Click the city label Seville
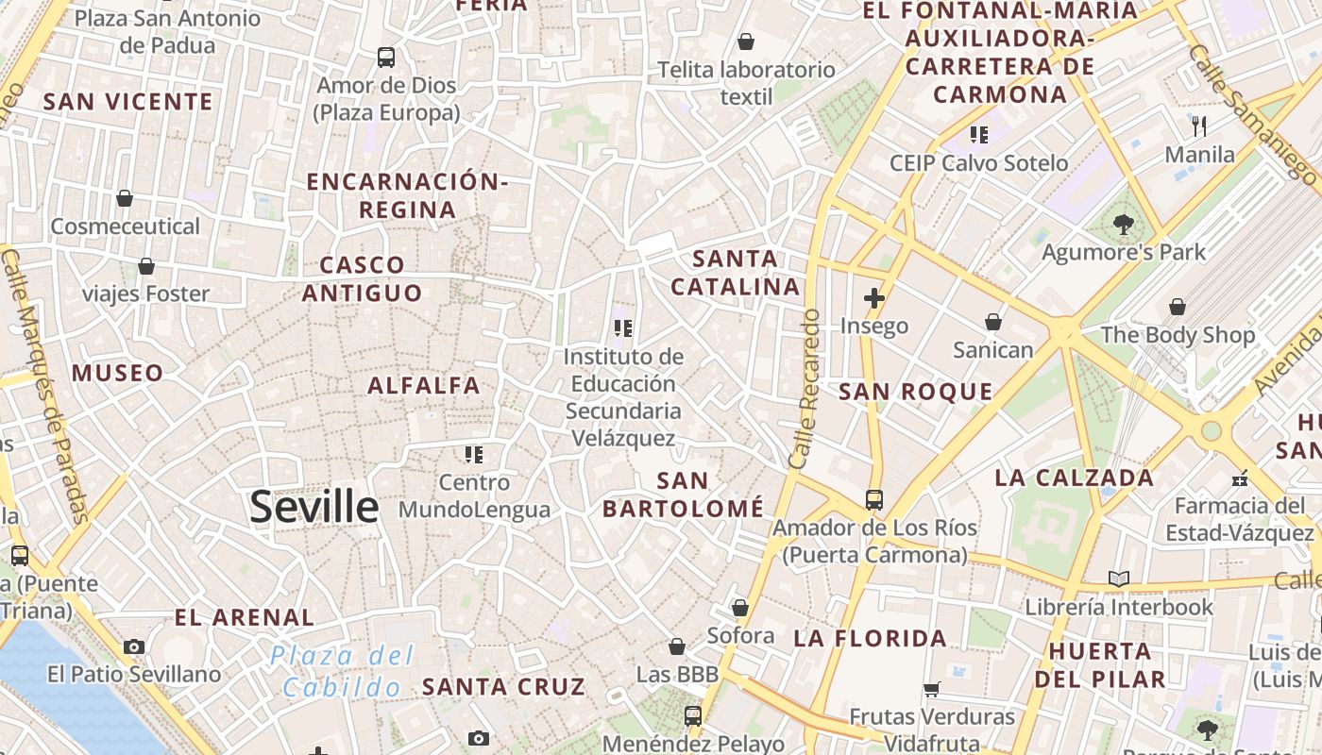click(314, 507)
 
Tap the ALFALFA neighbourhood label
click(424, 385)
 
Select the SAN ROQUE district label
click(916, 392)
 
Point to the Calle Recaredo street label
click(805, 389)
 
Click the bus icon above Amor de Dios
click(386, 58)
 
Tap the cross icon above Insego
click(874, 299)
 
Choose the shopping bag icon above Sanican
click(993, 323)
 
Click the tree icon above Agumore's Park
click(1124, 225)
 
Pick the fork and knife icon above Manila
click(1199, 126)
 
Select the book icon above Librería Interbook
click(1119, 579)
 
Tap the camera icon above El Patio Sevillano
click(134, 646)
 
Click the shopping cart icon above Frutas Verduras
click(932, 690)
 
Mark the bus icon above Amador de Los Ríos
click(874, 500)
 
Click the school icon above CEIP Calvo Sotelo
click(978, 135)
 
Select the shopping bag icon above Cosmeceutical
click(125, 198)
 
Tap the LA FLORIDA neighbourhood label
click(870, 639)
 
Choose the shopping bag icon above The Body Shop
click(1178, 308)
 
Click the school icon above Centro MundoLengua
click(474, 455)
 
